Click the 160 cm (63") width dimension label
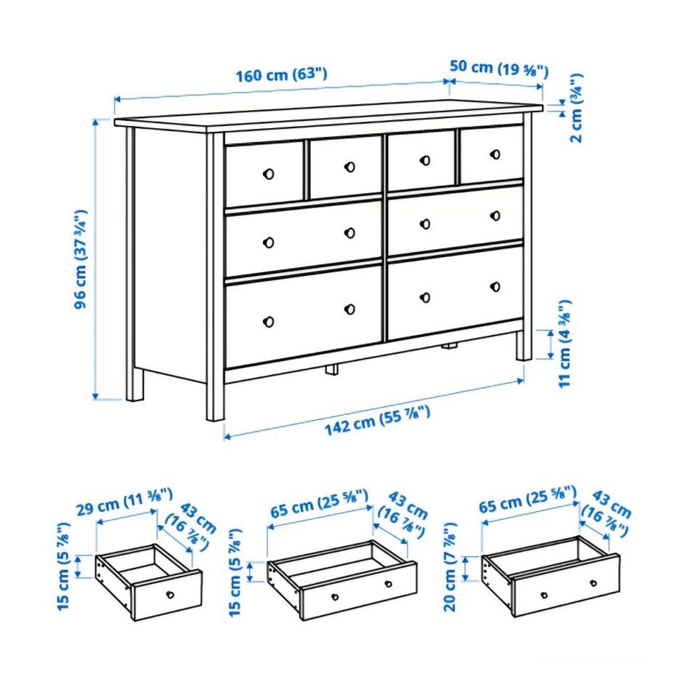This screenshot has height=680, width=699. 281,74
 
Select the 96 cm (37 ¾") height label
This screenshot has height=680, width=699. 80,259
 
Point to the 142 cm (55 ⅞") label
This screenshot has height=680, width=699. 377,420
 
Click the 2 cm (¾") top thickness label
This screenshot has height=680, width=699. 576,108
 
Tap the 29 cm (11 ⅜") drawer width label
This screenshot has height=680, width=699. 125,502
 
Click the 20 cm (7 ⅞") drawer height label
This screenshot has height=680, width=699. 450,567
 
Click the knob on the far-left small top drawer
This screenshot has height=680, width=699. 269,174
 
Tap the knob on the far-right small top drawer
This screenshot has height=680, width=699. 495,154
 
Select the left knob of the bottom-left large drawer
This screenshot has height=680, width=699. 269,321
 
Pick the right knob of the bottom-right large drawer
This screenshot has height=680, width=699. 495,287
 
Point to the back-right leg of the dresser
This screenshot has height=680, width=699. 524,344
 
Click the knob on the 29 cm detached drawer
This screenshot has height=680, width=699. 170,594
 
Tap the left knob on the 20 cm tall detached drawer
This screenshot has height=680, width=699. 544,595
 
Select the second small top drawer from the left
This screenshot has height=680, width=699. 345,167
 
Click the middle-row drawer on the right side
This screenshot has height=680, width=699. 455,220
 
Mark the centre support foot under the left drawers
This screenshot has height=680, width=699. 332,369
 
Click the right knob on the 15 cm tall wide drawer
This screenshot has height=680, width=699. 388,584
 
